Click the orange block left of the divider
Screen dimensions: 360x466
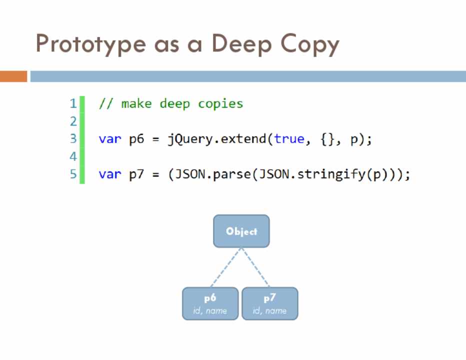coord(13,76)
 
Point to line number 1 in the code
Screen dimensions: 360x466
coord(73,104)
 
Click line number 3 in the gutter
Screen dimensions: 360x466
coord(73,139)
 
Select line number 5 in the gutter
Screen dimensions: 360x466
coord(73,174)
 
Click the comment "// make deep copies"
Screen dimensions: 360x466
coord(171,104)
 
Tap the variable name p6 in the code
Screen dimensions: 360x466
coord(136,139)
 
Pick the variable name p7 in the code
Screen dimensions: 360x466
coord(136,174)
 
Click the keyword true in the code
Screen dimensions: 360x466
coord(289,139)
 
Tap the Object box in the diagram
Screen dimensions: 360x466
coord(241,231)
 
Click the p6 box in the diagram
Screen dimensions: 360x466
coord(210,303)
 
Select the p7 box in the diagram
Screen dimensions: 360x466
coord(270,303)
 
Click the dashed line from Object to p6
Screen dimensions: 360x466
coord(225,267)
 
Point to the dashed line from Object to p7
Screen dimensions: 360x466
coord(255,267)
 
